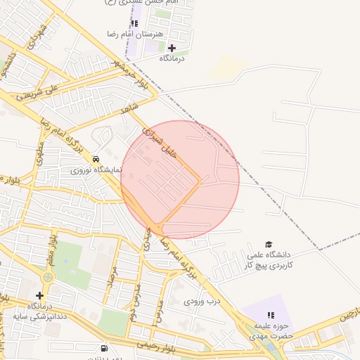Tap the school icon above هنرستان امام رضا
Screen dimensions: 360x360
134,23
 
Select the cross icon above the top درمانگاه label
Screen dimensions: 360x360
172,48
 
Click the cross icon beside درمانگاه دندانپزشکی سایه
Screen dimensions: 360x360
39,295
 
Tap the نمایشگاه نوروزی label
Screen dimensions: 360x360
96,170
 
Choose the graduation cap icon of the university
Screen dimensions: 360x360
268,243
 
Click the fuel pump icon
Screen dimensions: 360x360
105,347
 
